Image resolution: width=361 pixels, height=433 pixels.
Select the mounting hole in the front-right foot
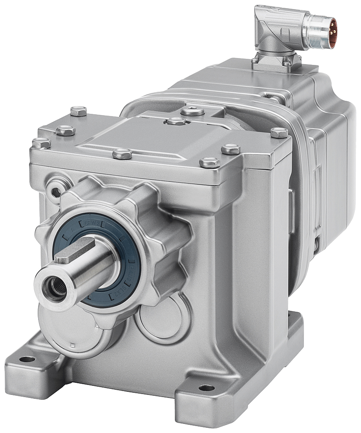click(206, 388)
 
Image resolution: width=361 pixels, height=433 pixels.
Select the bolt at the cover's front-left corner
click(42, 142)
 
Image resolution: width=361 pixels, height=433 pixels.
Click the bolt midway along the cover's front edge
click(122, 153)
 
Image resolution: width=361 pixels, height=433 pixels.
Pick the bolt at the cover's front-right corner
click(210, 162)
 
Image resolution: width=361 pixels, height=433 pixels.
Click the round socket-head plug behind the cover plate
click(192, 111)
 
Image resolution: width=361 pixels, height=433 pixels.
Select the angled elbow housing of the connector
click(270, 35)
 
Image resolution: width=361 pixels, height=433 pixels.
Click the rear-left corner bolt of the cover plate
click(78, 111)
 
